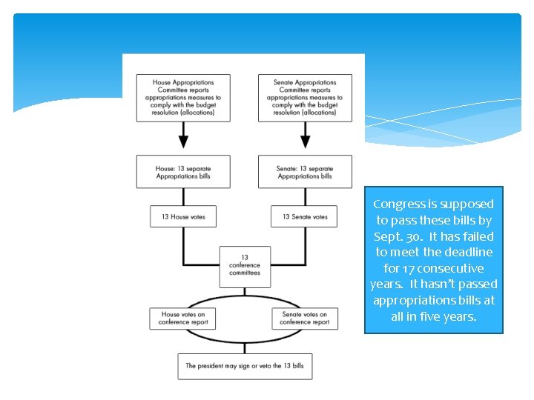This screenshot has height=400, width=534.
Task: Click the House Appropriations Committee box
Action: pos(183,98)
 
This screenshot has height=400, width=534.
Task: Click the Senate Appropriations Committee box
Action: pos(305,98)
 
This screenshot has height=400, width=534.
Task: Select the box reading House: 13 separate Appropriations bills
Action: pos(183,172)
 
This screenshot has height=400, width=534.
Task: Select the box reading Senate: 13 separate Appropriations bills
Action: pos(305,172)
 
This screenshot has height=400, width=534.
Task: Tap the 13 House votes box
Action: pos(183,217)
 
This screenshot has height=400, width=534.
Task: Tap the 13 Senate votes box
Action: pos(305,217)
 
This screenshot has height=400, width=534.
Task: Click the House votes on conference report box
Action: pos(183,318)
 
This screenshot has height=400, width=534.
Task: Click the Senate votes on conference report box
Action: pos(305,318)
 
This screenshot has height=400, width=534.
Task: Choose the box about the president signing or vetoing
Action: pos(245,366)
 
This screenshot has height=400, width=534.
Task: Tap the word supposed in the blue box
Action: pos(467,204)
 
